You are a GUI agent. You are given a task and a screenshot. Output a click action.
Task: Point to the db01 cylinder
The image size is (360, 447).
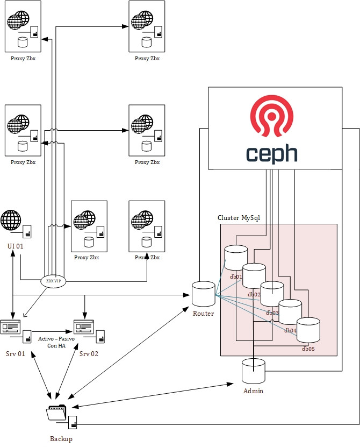[x=236, y=258]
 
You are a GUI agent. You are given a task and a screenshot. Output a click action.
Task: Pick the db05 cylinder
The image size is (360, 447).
[x=308, y=330]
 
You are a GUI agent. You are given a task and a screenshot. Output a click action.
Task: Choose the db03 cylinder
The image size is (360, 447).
[x=272, y=294]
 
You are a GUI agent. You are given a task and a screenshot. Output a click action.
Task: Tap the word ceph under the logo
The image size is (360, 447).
[x=272, y=153]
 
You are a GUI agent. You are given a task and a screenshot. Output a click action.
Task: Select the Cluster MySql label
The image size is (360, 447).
[x=239, y=217]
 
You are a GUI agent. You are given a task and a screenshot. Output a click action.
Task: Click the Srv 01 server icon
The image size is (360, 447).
[x=11, y=327]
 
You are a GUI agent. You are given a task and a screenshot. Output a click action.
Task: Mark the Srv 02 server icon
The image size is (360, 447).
[x=84, y=327]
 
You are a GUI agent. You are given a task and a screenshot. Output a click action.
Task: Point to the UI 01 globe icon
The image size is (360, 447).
[x=11, y=221]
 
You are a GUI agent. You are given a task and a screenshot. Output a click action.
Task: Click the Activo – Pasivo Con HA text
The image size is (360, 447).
[x=56, y=342]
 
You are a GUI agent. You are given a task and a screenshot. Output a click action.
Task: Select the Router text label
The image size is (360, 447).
[x=203, y=314]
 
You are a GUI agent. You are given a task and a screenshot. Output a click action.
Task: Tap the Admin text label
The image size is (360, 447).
[x=253, y=391]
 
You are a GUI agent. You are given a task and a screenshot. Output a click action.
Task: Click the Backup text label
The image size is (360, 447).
[x=61, y=438]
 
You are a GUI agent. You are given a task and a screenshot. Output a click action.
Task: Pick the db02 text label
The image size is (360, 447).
[x=254, y=294]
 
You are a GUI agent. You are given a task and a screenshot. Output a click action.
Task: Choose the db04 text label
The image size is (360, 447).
[x=291, y=330]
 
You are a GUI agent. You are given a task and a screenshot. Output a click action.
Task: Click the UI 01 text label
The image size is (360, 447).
[x=16, y=245]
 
